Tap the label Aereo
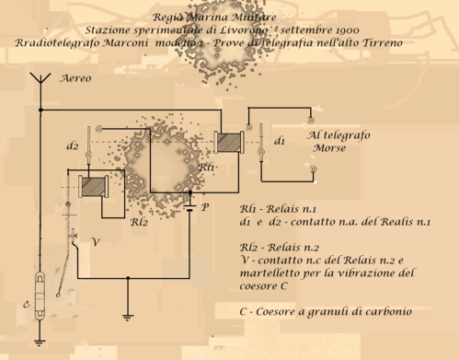coord(75,79)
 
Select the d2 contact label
coord(73,145)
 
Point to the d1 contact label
coord(280,141)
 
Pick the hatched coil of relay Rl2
coord(93,186)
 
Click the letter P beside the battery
coord(204,206)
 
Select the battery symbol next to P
coord(189,206)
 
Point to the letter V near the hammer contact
coord(89,241)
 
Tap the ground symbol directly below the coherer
coord(40,343)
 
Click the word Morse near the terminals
coord(329,147)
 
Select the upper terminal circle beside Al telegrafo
coord(312,119)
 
